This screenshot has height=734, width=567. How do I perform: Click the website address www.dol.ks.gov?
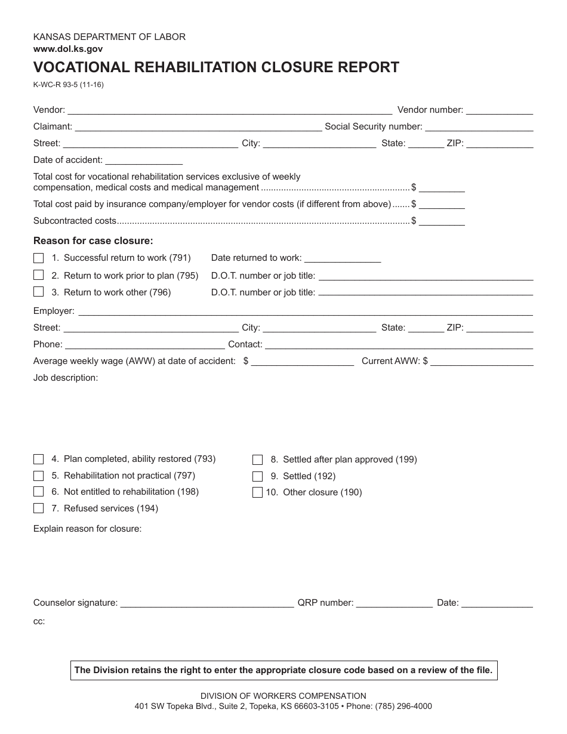point(68,50)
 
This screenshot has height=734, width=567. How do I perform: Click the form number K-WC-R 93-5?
point(68,85)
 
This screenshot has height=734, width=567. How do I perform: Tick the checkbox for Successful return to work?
point(39,258)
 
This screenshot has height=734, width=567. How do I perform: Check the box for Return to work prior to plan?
point(39,275)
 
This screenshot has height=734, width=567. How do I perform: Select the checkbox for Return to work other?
point(39,292)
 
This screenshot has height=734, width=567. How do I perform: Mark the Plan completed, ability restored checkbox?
point(39,459)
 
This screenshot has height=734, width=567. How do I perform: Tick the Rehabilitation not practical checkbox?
point(39,476)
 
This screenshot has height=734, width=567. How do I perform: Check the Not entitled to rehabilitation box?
point(39,492)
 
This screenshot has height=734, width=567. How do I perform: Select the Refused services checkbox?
point(39,508)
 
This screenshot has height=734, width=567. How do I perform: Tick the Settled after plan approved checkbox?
point(258,460)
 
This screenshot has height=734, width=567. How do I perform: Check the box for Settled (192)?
point(258,476)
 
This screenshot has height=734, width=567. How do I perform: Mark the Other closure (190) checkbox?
point(258,493)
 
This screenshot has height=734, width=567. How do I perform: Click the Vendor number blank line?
point(499,111)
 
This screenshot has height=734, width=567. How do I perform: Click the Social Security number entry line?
point(479,128)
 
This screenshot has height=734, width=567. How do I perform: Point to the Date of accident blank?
point(144,161)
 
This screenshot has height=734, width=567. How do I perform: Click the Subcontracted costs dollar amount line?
point(442,222)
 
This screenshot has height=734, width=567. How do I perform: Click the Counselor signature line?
point(207,604)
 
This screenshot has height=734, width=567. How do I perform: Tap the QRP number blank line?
point(395,604)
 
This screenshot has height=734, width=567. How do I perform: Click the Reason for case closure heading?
point(93,241)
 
